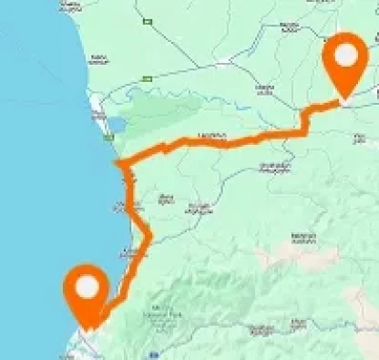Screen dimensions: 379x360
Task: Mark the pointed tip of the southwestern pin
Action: [87, 329]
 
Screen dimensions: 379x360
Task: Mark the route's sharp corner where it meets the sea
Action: [117, 163]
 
